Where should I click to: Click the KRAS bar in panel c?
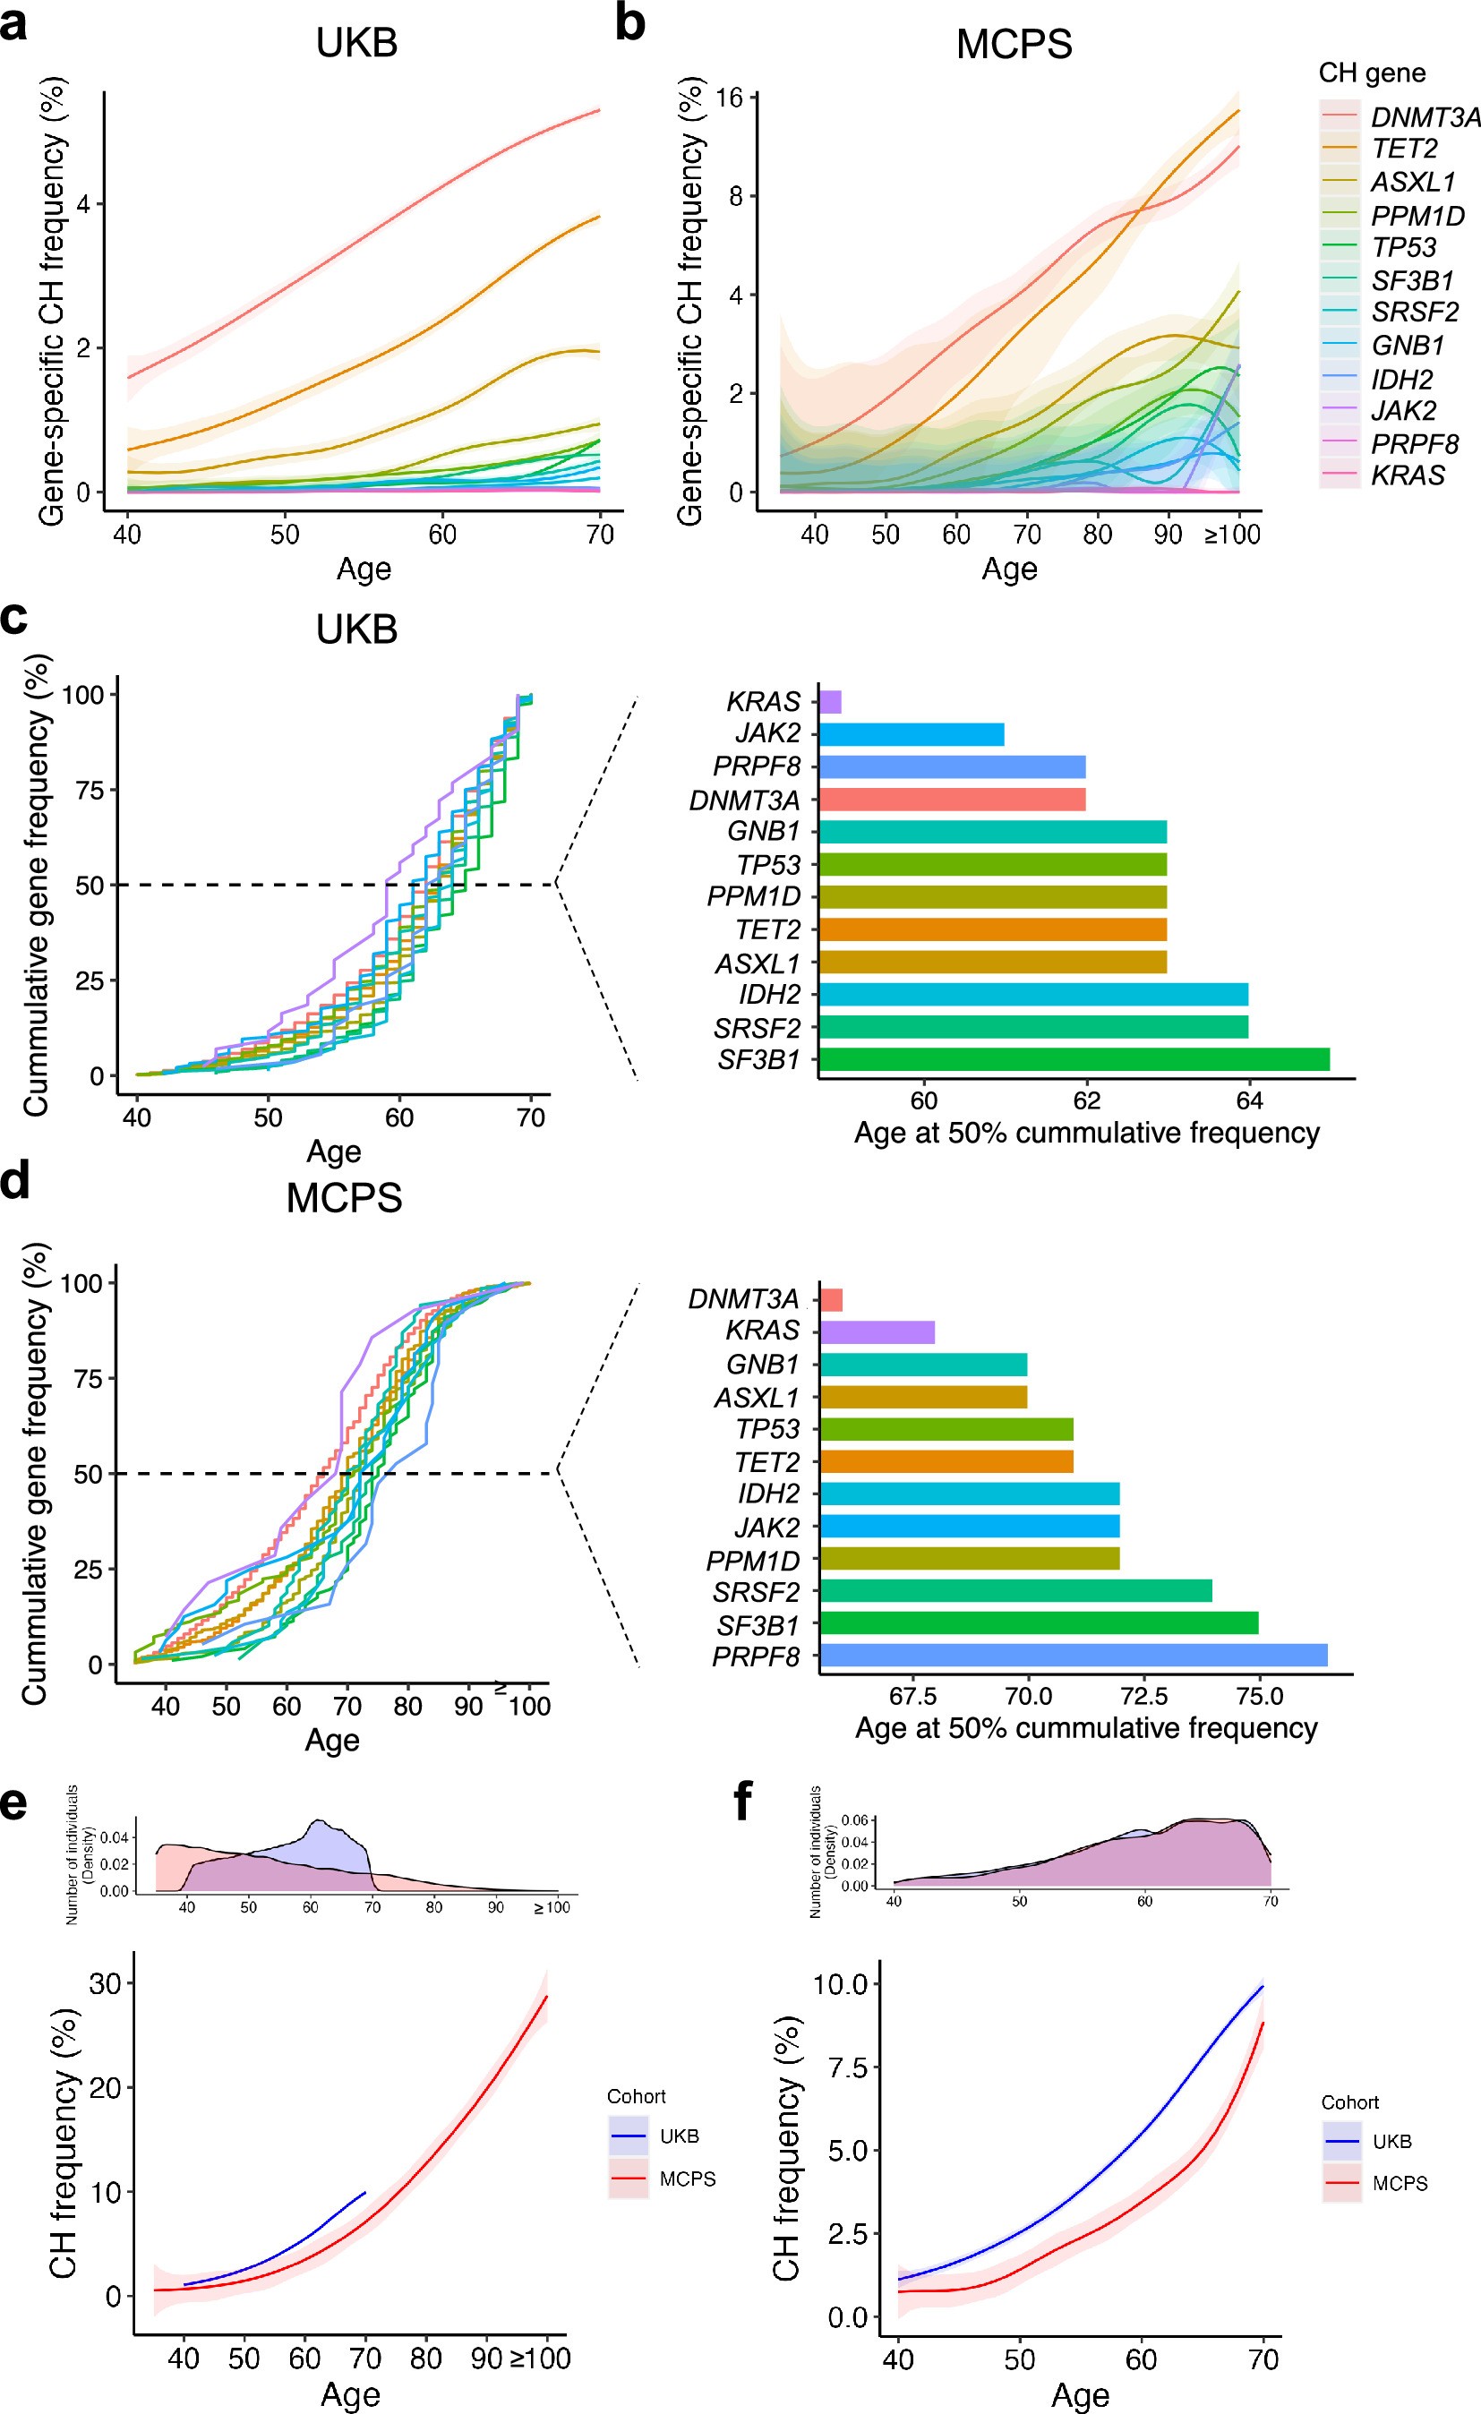tap(830, 701)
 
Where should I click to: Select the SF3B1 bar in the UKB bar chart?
tap(1074, 1059)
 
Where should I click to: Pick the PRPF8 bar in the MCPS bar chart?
tap(1073, 1656)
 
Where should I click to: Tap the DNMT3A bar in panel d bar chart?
tap(831, 1299)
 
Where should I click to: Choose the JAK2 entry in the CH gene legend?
tap(1402, 410)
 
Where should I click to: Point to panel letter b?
tap(629, 23)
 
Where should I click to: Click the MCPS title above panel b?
tap(1014, 44)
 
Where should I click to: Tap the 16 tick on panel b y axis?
tap(730, 97)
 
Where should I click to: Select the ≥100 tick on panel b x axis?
tap(1232, 535)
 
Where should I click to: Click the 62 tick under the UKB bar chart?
tap(1086, 1100)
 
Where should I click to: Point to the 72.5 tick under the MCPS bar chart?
tap(1143, 1696)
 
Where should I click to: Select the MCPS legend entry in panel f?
tap(1399, 2184)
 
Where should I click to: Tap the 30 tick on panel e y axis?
tap(105, 1983)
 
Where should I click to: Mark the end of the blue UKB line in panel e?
tap(365, 2193)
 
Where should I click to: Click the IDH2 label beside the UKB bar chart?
tap(769, 995)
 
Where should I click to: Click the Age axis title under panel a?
tap(364, 569)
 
